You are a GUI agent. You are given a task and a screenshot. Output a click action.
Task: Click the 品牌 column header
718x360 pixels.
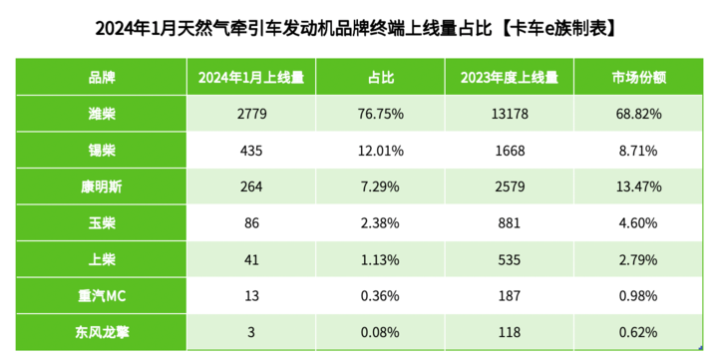(102, 78)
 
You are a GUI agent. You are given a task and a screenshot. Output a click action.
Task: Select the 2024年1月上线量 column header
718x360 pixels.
(251, 78)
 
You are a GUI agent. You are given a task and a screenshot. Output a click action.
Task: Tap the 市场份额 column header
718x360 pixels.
(638, 78)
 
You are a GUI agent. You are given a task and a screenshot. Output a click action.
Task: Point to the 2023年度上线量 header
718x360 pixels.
(510, 78)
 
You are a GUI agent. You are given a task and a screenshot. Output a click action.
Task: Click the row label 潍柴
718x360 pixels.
(102, 114)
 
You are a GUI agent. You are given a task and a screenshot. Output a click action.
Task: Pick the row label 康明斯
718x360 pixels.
(102, 186)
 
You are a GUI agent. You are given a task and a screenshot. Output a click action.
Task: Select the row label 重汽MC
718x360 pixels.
(102, 296)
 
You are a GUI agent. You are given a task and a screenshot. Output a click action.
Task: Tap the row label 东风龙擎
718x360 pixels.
(102, 332)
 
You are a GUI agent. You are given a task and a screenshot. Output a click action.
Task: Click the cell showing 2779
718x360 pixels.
(251, 114)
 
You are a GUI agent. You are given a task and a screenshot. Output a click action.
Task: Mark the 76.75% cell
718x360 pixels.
(381, 114)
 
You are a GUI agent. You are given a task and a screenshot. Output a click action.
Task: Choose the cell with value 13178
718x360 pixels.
(510, 114)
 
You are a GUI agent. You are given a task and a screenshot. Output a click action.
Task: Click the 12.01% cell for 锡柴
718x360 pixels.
(381, 151)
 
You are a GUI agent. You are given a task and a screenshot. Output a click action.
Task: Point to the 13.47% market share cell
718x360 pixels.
(638, 186)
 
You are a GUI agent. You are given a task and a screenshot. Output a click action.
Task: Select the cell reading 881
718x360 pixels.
(510, 223)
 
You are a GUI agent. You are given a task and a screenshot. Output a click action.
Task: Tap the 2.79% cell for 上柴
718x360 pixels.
(638, 259)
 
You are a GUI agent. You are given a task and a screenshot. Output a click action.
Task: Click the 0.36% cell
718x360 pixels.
(381, 296)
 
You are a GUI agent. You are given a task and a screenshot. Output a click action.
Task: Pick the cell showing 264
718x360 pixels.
(251, 186)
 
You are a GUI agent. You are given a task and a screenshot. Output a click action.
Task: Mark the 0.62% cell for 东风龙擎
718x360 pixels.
(638, 332)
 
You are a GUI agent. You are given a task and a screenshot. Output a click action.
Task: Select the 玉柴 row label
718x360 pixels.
(102, 223)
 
